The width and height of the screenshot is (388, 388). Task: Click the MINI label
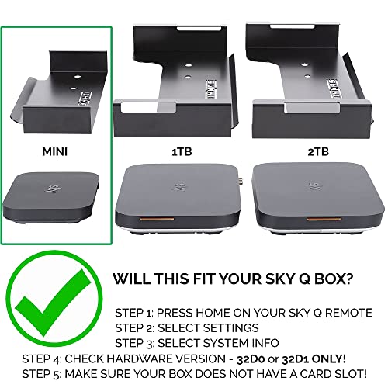click(x=55, y=151)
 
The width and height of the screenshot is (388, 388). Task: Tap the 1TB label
click(x=182, y=151)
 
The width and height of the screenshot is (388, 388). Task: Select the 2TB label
click(x=318, y=151)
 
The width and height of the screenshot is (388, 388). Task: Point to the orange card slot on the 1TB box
click(x=157, y=220)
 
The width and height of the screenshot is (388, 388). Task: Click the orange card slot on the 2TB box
click(x=324, y=220)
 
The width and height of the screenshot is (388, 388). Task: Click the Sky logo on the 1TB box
click(x=179, y=187)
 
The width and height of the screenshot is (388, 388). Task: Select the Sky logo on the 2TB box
click(x=315, y=186)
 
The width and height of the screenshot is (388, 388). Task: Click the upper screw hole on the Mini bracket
click(x=77, y=77)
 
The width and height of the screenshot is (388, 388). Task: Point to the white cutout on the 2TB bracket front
click(x=312, y=108)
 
